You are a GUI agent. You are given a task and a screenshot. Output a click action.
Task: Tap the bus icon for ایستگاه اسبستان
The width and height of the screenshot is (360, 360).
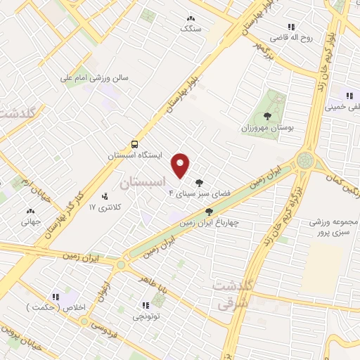134,143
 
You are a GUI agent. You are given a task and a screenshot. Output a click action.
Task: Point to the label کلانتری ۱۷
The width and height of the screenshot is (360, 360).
105,207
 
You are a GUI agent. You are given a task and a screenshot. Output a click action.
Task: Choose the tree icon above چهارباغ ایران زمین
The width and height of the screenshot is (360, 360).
209,211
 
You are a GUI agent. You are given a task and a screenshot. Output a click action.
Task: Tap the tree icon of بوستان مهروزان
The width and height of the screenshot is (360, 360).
266,116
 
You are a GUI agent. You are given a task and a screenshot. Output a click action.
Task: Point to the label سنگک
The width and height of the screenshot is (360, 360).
190,29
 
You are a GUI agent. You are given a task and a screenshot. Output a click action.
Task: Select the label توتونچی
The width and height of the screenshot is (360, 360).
146,316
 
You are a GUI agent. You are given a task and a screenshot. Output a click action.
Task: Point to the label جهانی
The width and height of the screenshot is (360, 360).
30,220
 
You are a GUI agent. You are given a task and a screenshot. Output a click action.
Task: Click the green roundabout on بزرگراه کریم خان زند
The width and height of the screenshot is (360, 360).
306,160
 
